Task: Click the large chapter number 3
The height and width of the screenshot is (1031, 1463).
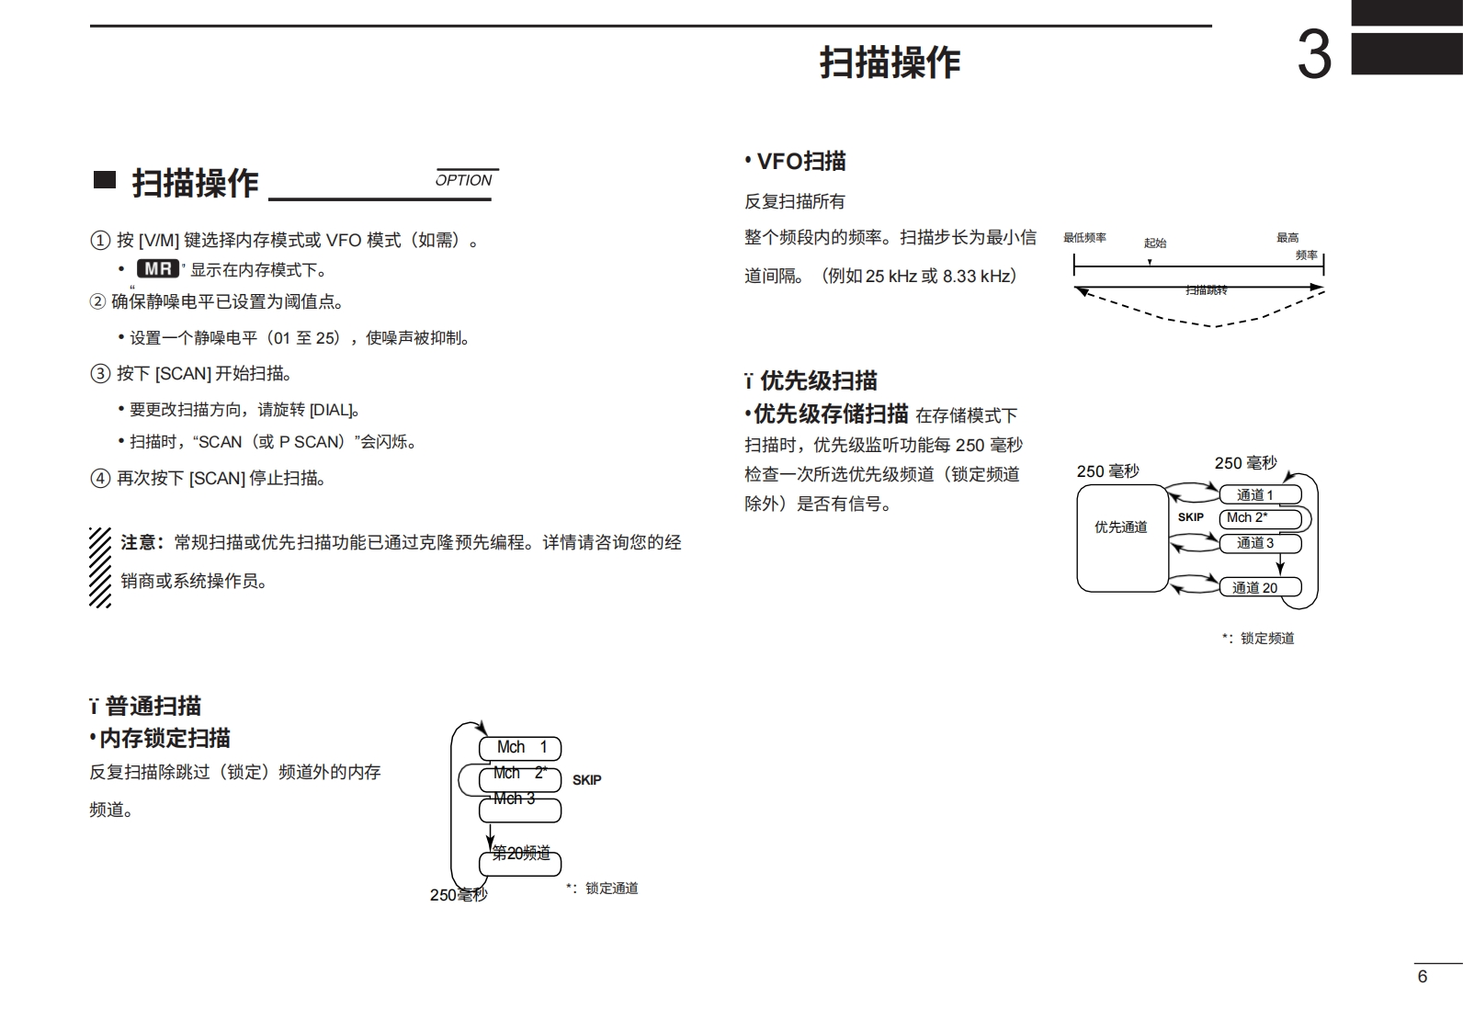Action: tap(1313, 55)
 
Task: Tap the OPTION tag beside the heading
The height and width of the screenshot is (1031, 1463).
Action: tap(464, 180)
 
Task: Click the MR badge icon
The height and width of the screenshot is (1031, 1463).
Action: tap(158, 269)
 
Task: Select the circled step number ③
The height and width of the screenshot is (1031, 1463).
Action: tap(99, 374)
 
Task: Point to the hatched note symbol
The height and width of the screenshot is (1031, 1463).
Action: tap(100, 567)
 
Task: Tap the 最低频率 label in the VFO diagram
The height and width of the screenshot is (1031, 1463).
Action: tap(1084, 238)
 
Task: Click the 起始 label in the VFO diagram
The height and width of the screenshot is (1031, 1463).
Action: tap(1154, 244)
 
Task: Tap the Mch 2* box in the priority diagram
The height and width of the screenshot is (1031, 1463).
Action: tap(1259, 518)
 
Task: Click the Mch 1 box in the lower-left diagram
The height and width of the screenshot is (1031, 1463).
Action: tap(520, 748)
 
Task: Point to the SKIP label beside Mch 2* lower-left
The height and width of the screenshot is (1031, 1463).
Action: tap(586, 780)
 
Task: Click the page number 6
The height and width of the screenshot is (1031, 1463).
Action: tap(1423, 977)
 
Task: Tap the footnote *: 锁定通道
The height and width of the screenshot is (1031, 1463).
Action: tap(602, 889)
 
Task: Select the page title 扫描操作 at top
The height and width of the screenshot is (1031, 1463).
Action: tap(890, 62)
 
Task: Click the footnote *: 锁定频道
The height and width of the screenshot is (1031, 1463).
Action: tap(1258, 638)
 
